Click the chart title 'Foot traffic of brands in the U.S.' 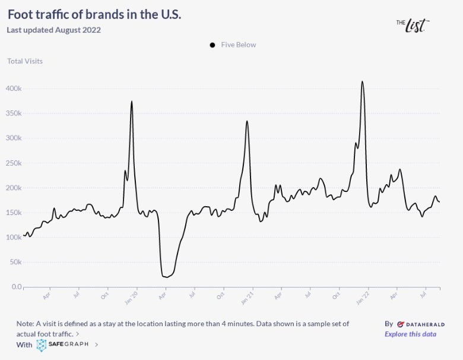coord(94,15)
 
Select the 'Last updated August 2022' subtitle coord(53,30)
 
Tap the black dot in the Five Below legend coord(213,45)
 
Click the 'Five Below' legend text coord(239,45)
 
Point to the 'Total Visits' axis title coord(25,61)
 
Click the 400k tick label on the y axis coord(13,89)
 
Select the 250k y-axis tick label coord(13,163)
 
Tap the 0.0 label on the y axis coord(17,287)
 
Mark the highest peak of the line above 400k coord(362,82)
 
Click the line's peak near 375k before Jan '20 coord(132,102)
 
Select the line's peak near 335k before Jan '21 coord(247,121)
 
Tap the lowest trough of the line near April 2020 coord(165,277)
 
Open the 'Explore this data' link coord(410,334)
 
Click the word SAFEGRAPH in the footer coord(69,345)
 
